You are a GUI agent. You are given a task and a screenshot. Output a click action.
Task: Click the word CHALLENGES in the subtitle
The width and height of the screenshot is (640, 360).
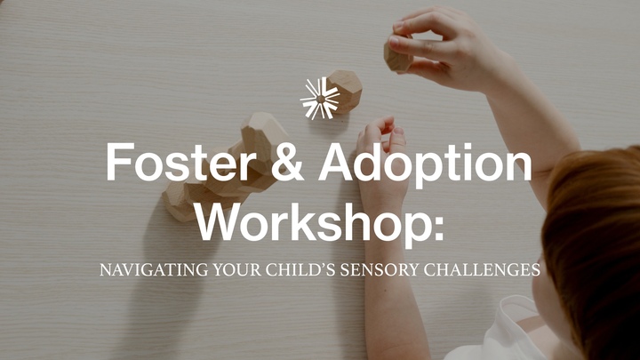click(491, 269)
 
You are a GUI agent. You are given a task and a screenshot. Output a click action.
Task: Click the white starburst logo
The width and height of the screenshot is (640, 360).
click(320, 98)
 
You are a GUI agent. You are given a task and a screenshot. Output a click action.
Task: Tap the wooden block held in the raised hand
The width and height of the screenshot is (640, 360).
click(398, 55)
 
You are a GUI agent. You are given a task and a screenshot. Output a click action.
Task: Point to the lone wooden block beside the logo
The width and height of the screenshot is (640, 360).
click(345, 91)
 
